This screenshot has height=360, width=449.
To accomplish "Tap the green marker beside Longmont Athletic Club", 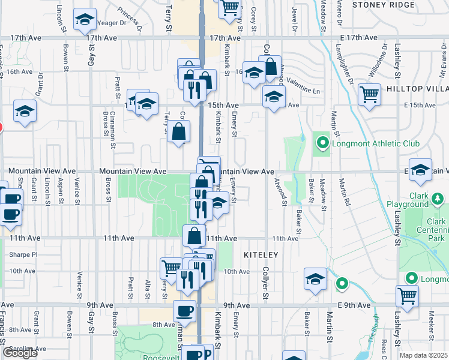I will [x=322, y=143].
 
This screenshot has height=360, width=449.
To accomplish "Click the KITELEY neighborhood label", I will [x=261, y=255].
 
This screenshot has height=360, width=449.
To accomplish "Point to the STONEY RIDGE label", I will [x=384, y=4].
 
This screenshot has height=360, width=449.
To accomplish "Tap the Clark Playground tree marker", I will [x=438, y=199].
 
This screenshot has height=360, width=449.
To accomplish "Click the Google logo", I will [x=20, y=353].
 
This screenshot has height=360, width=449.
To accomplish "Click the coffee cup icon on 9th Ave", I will [x=184, y=310].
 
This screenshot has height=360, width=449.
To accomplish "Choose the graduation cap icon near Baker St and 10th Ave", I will [x=315, y=278].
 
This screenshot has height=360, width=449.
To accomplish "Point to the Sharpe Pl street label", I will [x=23, y=254].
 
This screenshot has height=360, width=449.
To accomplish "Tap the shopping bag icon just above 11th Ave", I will [x=194, y=235].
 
